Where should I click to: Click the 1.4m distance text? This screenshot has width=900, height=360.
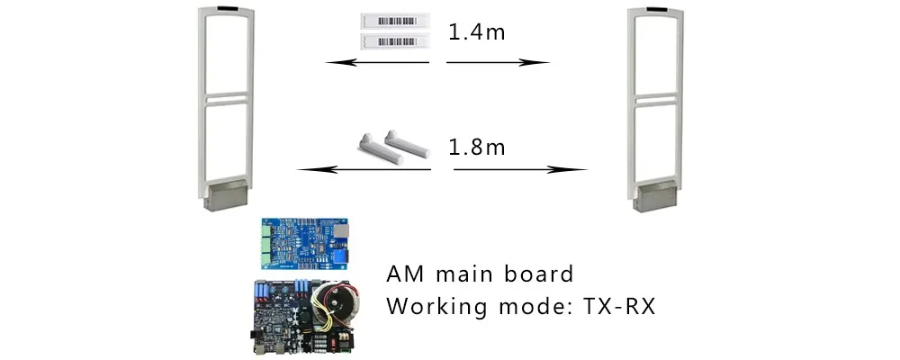point(477,33)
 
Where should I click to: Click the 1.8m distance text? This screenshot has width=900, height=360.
point(477,147)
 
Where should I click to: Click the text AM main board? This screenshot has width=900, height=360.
point(480,274)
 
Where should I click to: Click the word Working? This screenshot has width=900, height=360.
point(430,307)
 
